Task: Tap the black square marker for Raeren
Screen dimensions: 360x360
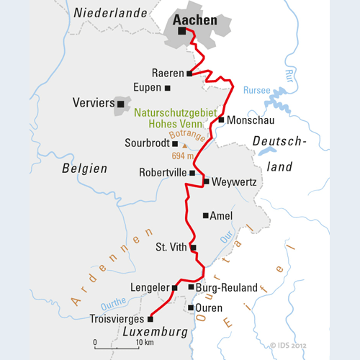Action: tap(189, 73)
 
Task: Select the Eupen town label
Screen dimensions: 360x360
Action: tap(147, 88)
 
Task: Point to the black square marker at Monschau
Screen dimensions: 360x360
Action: tap(222, 120)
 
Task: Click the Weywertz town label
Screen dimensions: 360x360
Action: tap(235, 182)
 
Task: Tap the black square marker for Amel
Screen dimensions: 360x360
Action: tap(206, 215)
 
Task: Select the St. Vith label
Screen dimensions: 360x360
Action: tap(171, 248)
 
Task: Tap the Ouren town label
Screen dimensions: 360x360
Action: tap(210, 307)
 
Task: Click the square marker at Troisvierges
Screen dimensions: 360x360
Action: tap(150, 318)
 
